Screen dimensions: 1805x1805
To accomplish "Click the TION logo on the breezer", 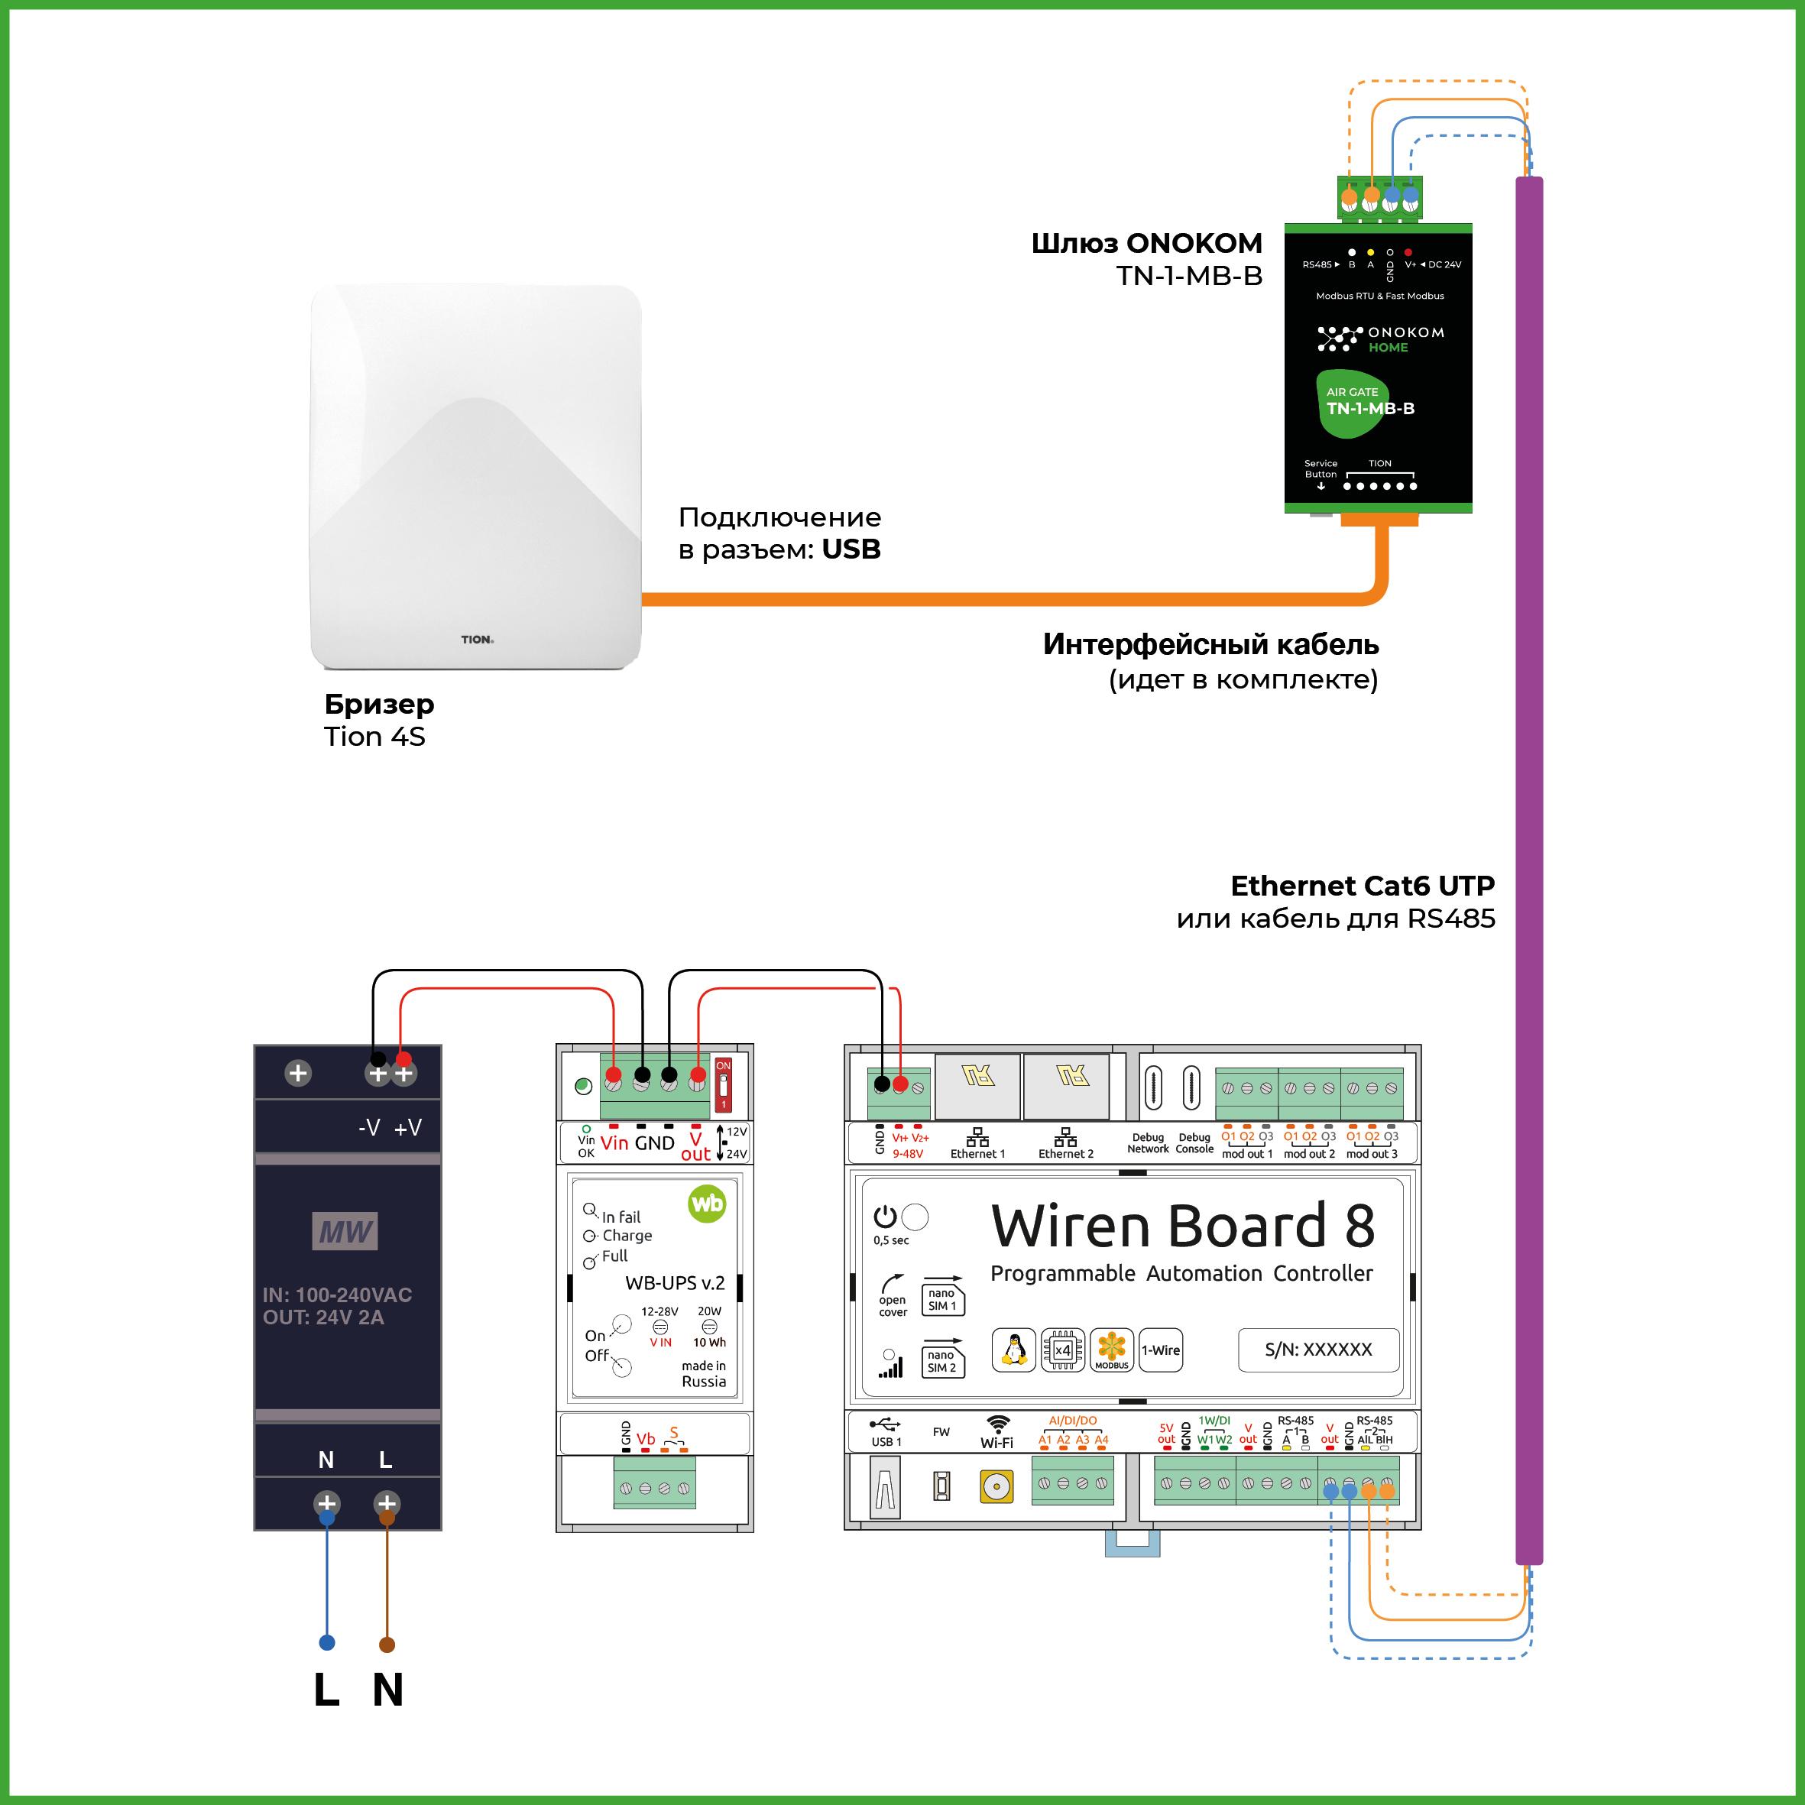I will (x=477, y=639).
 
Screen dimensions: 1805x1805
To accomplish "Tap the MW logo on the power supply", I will (x=345, y=1231).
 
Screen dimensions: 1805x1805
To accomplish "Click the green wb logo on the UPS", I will (x=706, y=1204).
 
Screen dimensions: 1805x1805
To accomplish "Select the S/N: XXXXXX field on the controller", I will (x=1318, y=1349).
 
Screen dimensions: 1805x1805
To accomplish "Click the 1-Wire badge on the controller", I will (x=1160, y=1350).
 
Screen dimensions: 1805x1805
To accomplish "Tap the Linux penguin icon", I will (x=1013, y=1350).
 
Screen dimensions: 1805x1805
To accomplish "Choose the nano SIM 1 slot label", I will (x=941, y=1300).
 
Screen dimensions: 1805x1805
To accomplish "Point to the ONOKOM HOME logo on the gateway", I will (x=1381, y=339).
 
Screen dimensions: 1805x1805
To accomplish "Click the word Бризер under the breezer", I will (x=379, y=704).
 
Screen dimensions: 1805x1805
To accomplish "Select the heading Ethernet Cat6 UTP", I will (x=1363, y=885).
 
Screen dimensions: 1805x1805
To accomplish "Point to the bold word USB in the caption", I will (x=851, y=549).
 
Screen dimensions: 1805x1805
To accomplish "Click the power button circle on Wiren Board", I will (x=915, y=1217).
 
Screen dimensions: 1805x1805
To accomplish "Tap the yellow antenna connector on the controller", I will (x=996, y=1486).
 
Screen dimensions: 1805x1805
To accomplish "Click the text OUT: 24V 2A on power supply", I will (x=323, y=1317).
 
